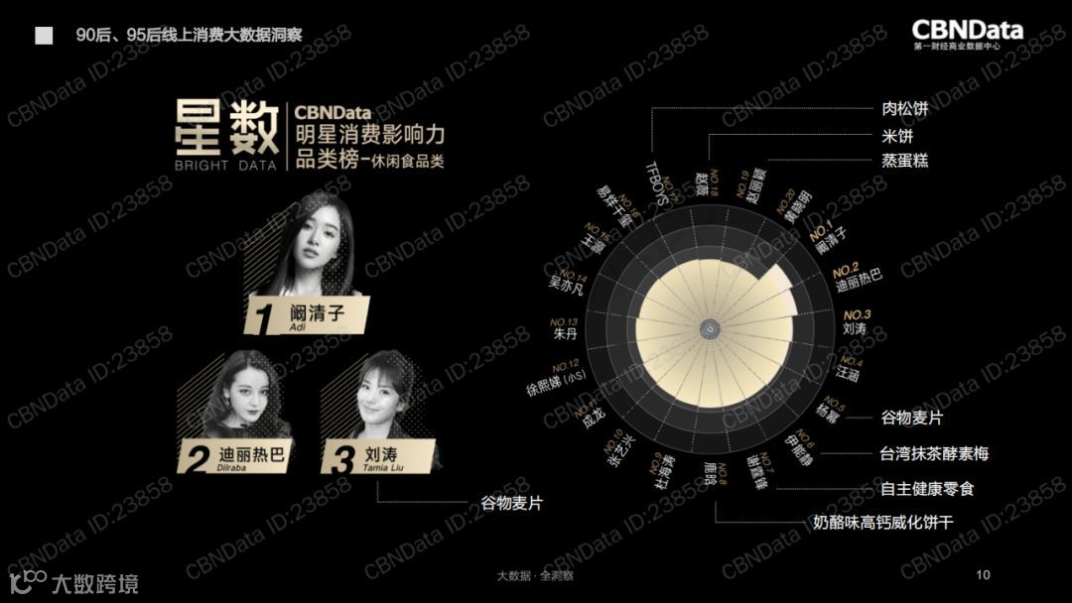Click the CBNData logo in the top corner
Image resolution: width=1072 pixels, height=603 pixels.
(x=967, y=34)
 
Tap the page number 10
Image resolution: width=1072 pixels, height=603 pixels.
(x=984, y=575)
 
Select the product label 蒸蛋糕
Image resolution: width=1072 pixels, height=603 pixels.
(x=904, y=160)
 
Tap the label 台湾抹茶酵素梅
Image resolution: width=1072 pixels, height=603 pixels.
(x=933, y=454)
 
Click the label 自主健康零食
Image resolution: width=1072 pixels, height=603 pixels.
(x=927, y=489)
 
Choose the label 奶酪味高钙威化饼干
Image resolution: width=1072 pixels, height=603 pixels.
(x=882, y=522)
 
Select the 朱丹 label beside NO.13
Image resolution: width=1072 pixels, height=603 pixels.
(x=565, y=334)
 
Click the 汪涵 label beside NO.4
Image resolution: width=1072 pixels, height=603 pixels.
(x=847, y=375)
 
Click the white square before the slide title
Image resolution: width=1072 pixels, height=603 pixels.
(x=44, y=36)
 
